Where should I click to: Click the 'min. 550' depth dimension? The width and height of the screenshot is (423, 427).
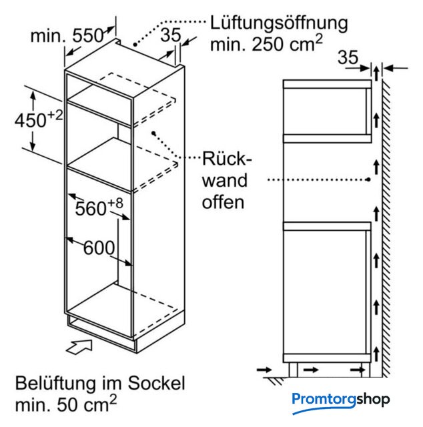(67, 35)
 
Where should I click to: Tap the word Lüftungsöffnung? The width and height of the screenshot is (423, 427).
(279, 23)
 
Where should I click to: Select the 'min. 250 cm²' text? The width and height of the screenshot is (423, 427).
(266, 43)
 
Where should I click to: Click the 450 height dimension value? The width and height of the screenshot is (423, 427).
(30, 120)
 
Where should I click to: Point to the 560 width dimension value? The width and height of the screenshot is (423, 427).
(91, 209)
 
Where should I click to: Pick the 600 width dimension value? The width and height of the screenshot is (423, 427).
(99, 248)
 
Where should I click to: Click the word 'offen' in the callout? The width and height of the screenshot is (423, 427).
(223, 202)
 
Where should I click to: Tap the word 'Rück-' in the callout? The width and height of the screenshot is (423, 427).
(227, 159)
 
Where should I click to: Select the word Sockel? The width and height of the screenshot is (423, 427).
(157, 383)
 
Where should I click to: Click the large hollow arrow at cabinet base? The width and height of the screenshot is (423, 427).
(79, 346)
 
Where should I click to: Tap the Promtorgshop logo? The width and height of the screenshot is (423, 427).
(341, 402)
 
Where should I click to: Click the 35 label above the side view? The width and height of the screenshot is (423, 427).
(348, 57)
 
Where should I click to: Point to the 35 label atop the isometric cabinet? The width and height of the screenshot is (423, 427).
(171, 35)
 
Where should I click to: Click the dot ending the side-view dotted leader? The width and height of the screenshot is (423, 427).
(368, 179)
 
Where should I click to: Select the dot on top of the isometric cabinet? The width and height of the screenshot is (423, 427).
(135, 44)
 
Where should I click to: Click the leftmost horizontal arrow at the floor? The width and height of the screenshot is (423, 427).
(264, 370)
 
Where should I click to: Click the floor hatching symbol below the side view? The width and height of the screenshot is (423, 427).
(275, 380)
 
